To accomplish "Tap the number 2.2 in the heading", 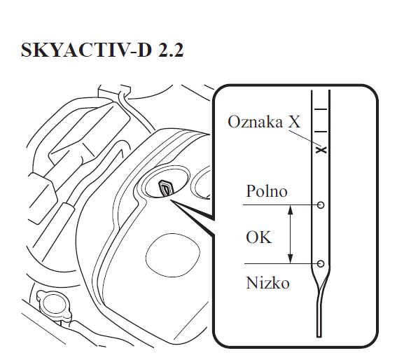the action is pyautogui.click(x=171, y=50).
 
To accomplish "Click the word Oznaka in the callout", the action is pyautogui.click(x=255, y=121).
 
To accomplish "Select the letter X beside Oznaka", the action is pyautogui.click(x=294, y=122).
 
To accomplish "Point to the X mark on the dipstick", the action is pyautogui.click(x=321, y=150).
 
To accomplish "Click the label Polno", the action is pyautogui.click(x=267, y=191).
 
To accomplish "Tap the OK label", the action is pyautogui.click(x=258, y=237).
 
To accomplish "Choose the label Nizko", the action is pyautogui.click(x=267, y=283).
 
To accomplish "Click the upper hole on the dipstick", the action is pyautogui.click(x=321, y=205).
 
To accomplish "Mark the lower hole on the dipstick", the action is pyautogui.click(x=321, y=263).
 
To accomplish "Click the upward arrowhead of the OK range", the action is pyautogui.click(x=291, y=209).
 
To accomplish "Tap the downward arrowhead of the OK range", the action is pyautogui.click(x=291, y=258).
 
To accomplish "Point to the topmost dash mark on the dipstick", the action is pyautogui.click(x=321, y=109).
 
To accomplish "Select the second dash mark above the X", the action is pyautogui.click(x=321, y=132).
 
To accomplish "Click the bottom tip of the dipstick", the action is pyautogui.click(x=319, y=337).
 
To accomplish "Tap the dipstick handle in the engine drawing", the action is pyautogui.click(x=165, y=188).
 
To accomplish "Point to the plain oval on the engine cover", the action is pyautogui.click(x=173, y=255).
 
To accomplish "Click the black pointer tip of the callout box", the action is pyautogui.click(x=172, y=201).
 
